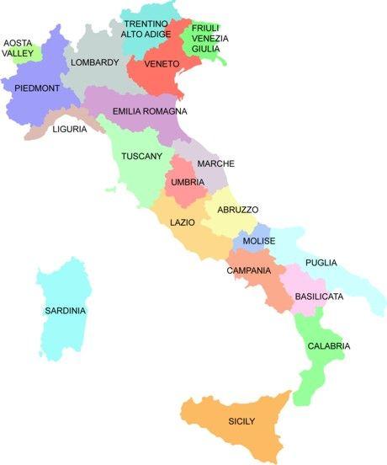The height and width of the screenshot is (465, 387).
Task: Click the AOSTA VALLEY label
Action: point(19,47)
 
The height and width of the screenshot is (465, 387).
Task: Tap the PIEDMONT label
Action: point(37,88)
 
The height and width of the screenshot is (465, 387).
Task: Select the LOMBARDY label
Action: point(95,62)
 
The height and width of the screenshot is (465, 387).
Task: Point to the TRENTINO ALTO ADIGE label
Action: point(145,29)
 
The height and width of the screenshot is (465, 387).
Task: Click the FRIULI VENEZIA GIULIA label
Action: point(205,38)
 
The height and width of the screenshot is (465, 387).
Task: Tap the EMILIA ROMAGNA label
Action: point(150,111)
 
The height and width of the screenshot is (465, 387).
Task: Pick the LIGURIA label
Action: point(70,129)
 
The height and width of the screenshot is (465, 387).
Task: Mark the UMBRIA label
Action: point(187,182)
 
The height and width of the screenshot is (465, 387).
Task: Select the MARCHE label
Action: point(216,163)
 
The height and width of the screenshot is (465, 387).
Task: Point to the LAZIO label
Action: point(183,223)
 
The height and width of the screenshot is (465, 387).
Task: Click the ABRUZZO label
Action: point(238,209)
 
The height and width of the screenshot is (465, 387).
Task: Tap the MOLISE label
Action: point(258,241)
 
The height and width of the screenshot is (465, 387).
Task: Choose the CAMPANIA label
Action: point(248,270)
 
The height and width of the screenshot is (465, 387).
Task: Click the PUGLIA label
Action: point(321,263)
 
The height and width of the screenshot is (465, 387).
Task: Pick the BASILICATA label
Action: point(319,297)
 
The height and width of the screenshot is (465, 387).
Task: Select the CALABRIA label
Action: point(328,346)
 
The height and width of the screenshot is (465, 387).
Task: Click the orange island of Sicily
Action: point(241,425)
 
